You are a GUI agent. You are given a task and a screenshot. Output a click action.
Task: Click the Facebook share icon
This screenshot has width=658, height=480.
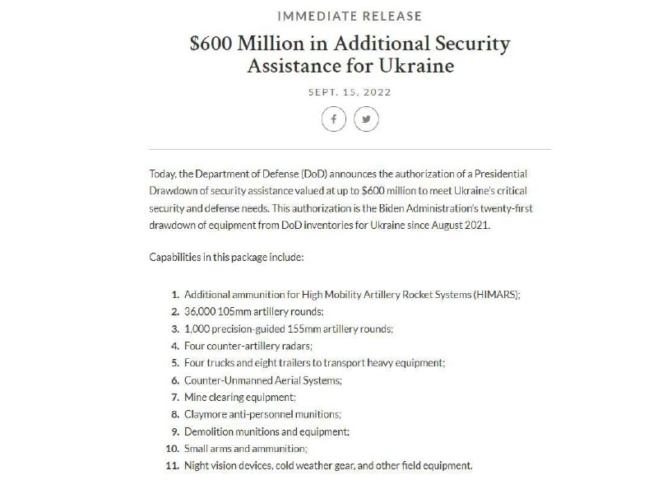pos(333,119)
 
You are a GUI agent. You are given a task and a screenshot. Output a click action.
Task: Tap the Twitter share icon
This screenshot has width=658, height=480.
pos(366,119)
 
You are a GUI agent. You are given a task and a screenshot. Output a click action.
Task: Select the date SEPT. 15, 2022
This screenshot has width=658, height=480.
pos(350,92)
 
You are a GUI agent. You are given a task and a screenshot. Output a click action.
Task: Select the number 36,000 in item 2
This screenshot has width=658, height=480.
pos(202,311)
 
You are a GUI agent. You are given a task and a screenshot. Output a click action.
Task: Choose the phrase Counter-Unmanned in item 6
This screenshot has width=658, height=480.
pos(223,380)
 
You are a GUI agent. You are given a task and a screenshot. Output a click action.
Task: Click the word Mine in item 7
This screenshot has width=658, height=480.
pos(195,397)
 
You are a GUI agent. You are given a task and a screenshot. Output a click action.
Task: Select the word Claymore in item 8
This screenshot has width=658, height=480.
pos(205,414)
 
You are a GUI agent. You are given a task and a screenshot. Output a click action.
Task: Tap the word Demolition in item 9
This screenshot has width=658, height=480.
pos(208,431)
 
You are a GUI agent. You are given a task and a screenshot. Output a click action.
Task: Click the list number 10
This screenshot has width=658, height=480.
pos(173,449)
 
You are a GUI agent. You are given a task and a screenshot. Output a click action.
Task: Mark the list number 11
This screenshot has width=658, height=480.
pos(173,466)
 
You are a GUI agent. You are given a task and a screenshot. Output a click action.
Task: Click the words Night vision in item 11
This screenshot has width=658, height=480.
pos(210,466)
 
